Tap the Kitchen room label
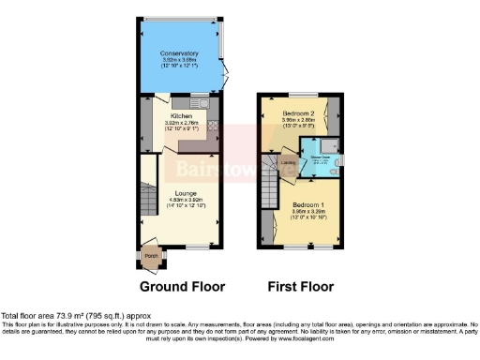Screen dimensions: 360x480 click(181, 116)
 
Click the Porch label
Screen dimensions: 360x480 click(150, 255)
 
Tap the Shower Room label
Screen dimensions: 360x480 click(322, 157)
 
